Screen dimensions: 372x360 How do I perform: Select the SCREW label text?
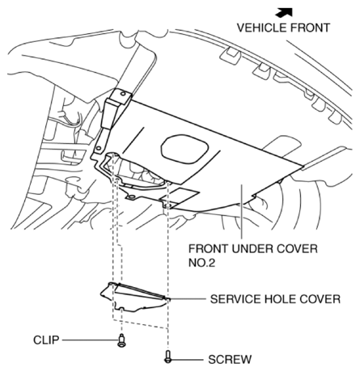228,357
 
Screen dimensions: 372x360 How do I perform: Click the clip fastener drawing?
121,340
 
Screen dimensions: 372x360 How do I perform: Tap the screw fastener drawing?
168,356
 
